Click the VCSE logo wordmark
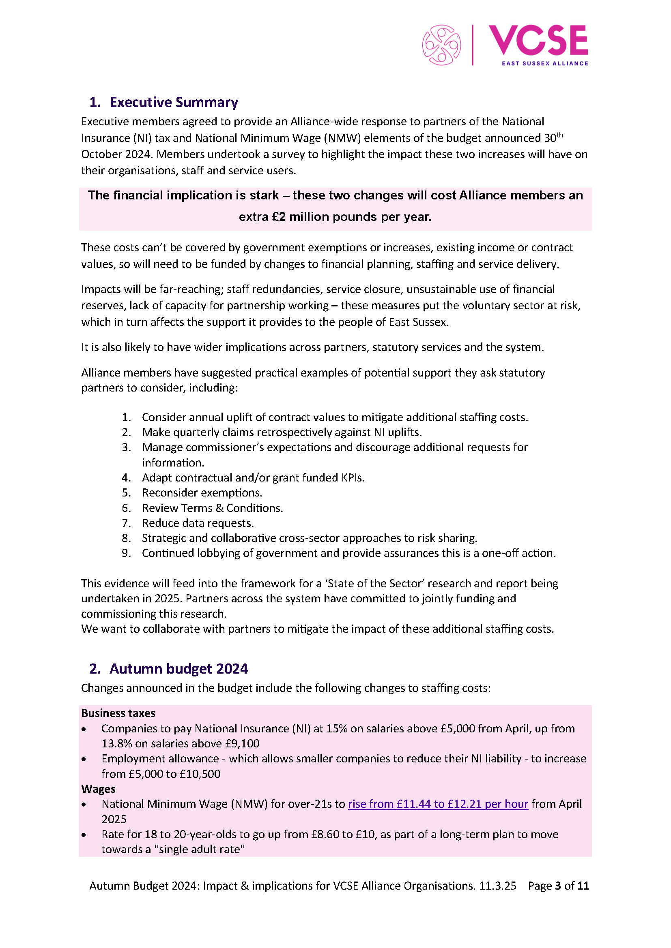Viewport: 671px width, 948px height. [538, 40]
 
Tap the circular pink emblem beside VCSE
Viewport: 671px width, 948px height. [441, 45]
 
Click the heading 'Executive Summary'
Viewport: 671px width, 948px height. [174, 102]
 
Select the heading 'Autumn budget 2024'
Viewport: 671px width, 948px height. [179, 668]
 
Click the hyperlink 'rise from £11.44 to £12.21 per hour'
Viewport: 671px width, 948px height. [438, 804]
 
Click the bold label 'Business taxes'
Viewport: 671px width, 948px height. [118, 713]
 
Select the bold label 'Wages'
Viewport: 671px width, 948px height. [98, 789]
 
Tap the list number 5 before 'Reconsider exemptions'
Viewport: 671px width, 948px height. [126, 492]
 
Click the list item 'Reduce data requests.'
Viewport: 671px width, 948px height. [198, 523]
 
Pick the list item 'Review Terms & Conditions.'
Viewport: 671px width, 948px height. [212, 508]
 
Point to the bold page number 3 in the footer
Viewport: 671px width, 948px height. [558, 886]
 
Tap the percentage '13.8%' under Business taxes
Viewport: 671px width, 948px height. [116, 744]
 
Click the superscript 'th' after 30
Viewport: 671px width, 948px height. [559, 135]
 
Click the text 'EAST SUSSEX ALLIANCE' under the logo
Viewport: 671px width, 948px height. [544, 63]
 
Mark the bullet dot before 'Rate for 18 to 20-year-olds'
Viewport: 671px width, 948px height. [84, 835]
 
